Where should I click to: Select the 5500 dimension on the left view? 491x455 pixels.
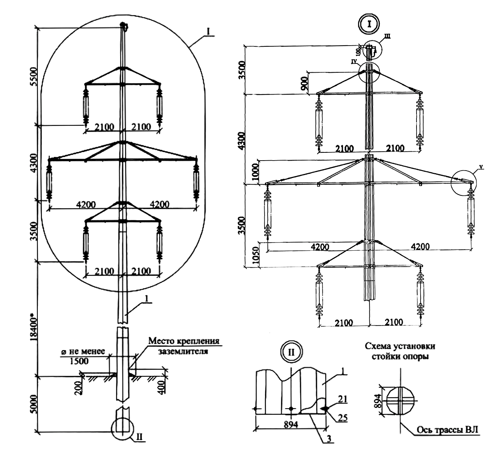(33, 77)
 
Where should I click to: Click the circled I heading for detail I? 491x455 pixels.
(369, 24)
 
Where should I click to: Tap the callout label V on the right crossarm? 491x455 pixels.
(481, 166)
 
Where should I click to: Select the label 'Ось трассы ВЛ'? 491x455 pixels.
(448, 430)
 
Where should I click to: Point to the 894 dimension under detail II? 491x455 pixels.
(291, 424)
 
